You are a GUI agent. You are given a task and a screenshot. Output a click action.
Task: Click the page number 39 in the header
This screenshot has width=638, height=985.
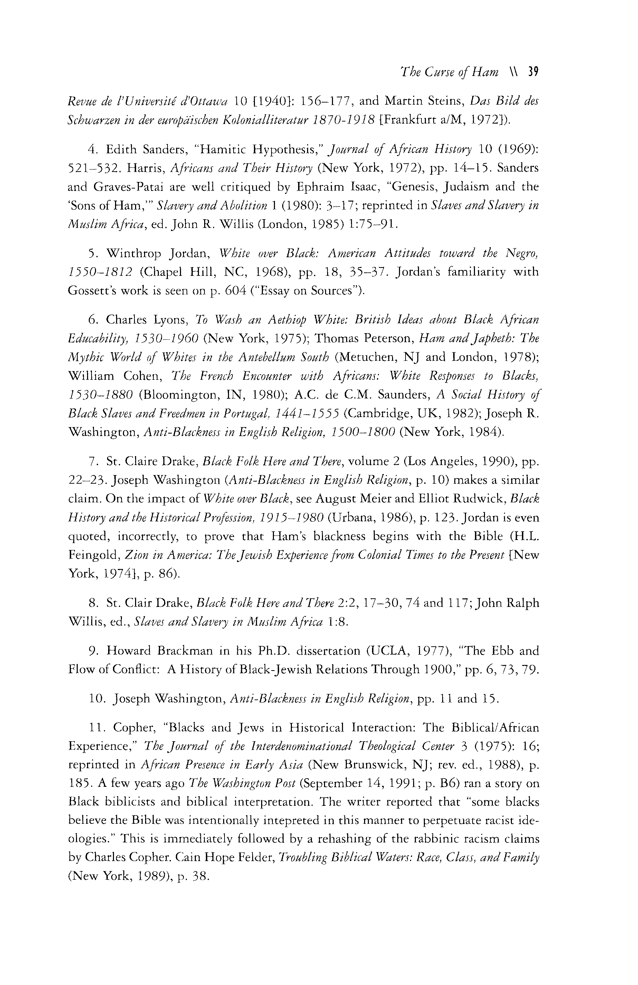click(532, 73)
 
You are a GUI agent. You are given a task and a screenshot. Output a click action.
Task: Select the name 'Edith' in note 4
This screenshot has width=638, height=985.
click(123, 149)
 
